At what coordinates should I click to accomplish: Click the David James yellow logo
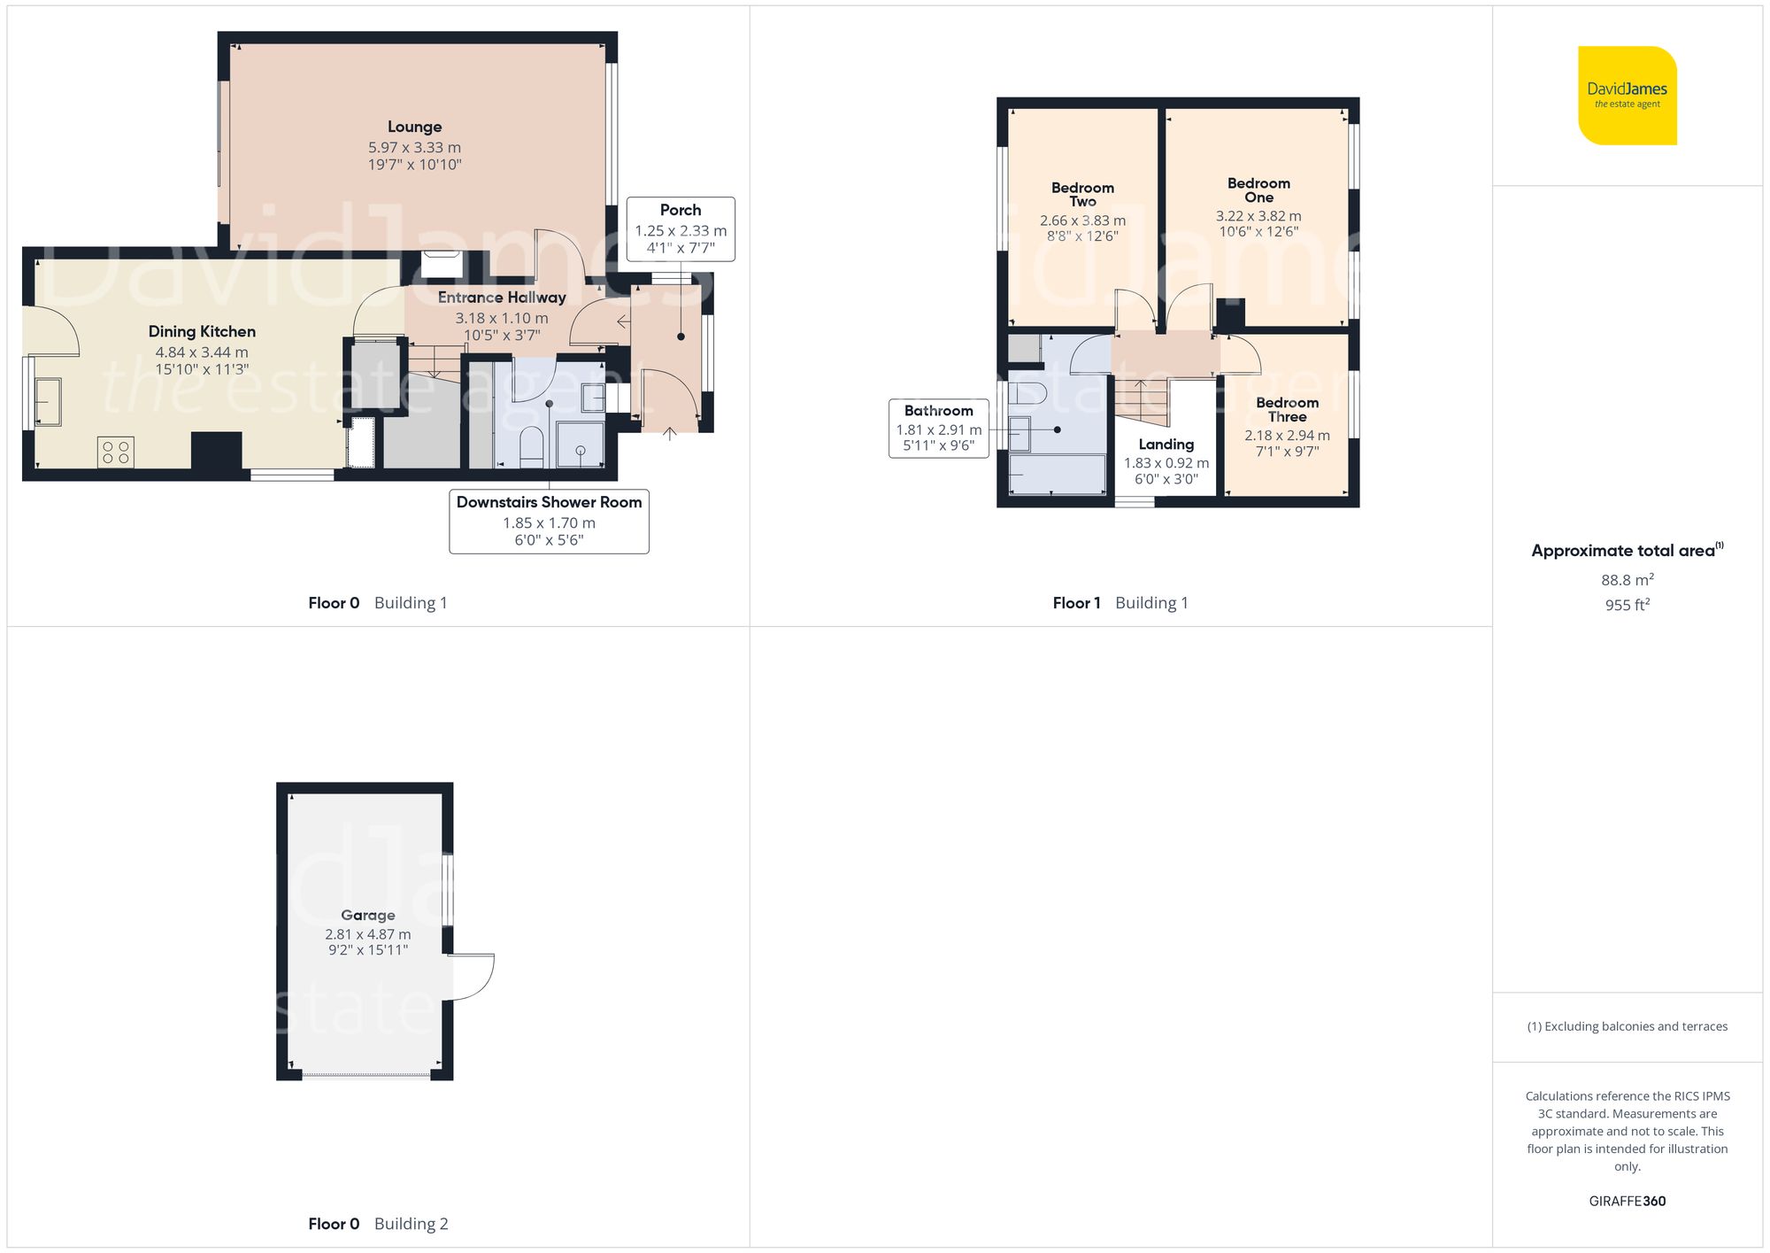click(x=1627, y=96)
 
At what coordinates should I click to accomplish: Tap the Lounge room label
click(x=414, y=128)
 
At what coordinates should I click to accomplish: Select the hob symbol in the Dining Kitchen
click(x=116, y=452)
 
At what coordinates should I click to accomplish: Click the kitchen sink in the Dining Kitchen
click(x=48, y=401)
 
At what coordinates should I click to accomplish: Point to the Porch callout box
click(x=681, y=228)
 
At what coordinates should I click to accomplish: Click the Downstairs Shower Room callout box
click(x=549, y=521)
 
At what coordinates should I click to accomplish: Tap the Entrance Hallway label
click(x=502, y=298)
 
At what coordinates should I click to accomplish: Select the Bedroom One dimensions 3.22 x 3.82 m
click(x=1258, y=216)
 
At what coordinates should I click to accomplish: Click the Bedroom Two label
click(x=1082, y=194)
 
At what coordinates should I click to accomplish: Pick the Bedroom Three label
click(x=1287, y=409)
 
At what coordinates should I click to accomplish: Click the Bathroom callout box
click(x=938, y=428)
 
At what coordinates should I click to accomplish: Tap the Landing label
click(x=1166, y=445)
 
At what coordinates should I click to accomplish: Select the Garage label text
click(x=368, y=915)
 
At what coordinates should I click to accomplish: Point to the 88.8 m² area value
click(x=1627, y=580)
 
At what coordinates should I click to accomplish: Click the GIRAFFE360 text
click(x=1627, y=1201)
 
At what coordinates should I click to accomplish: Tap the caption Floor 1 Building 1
click(x=1120, y=603)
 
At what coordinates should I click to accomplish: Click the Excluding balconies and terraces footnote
click(x=1627, y=1026)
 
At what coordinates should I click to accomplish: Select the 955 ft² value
click(x=1627, y=605)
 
